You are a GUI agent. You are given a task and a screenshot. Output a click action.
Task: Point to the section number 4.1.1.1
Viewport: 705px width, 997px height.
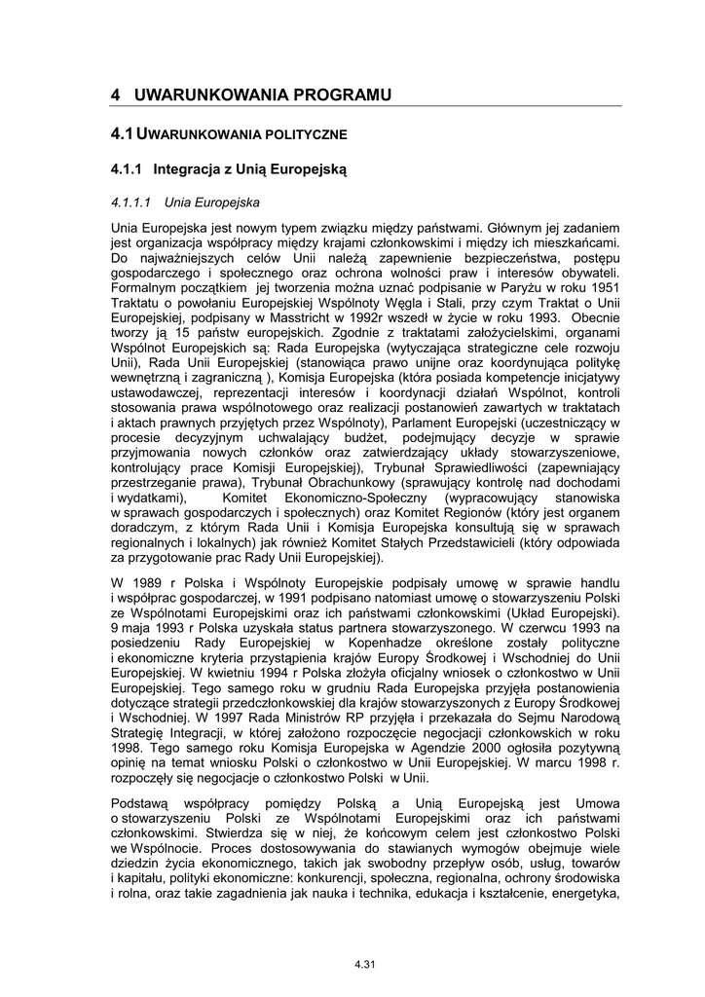tap(130, 203)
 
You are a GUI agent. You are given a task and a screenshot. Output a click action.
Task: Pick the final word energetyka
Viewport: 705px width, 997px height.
tap(583, 895)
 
